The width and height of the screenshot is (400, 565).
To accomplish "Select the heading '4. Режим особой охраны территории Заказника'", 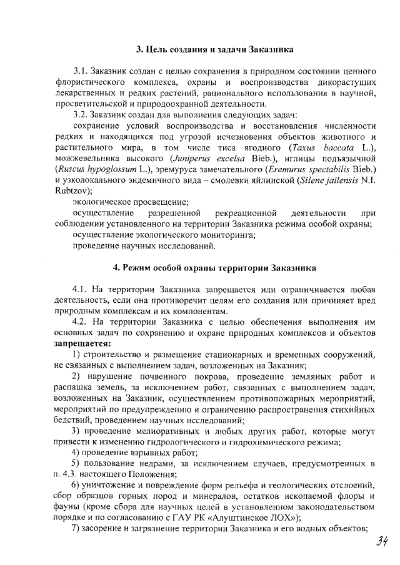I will pyautogui.click(x=215, y=268).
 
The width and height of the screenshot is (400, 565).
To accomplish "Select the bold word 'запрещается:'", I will pyautogui.click(x=84, y=344).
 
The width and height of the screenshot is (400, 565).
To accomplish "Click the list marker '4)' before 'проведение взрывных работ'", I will pyautogui.click(x=77, y=453).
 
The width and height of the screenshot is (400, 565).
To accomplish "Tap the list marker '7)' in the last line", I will pyautogui.click(x=77, y=529).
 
